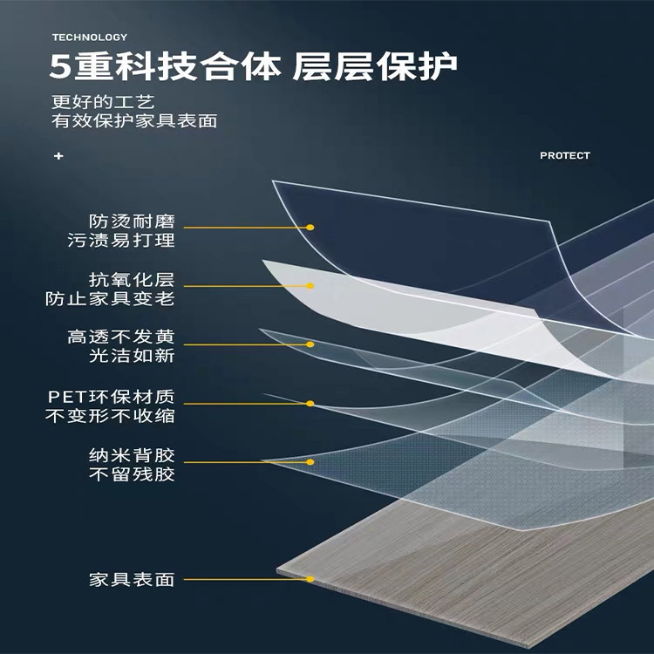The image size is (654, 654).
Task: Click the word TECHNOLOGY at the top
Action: pyautogui.click(x=89, y=37)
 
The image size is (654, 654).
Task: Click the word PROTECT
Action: pyautogui.click(x=564, y=155)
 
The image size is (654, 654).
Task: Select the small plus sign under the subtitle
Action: pyautogui.click(x=58, y=156)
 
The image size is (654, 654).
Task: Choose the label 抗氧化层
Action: pyautogui.click(x=132, y=280)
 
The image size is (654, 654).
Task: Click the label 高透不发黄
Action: pyautogui.click(x=121, y=337)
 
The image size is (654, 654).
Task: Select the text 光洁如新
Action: pyautogui.click(x=132, y=356)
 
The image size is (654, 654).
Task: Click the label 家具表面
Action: pyautogui.click(x=132, y=579)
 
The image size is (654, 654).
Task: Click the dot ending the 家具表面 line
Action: pyautogui.click(x=310, y=579)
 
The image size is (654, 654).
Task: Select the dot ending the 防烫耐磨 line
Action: pyautogui.click(x=310, y=227)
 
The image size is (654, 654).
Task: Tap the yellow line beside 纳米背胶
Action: pyautogui.click(x=244, y=460)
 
